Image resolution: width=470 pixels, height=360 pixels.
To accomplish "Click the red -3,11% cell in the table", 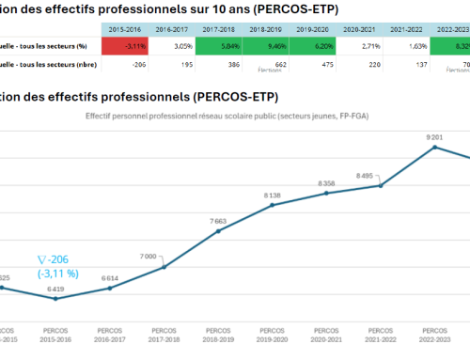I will [x=126, y=44].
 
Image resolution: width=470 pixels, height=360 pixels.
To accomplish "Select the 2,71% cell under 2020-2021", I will [x=379, y=44].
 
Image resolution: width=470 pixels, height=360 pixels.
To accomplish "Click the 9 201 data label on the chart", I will [x=434, y=137].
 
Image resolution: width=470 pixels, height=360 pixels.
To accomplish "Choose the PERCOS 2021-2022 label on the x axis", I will [x=380, y=335].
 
